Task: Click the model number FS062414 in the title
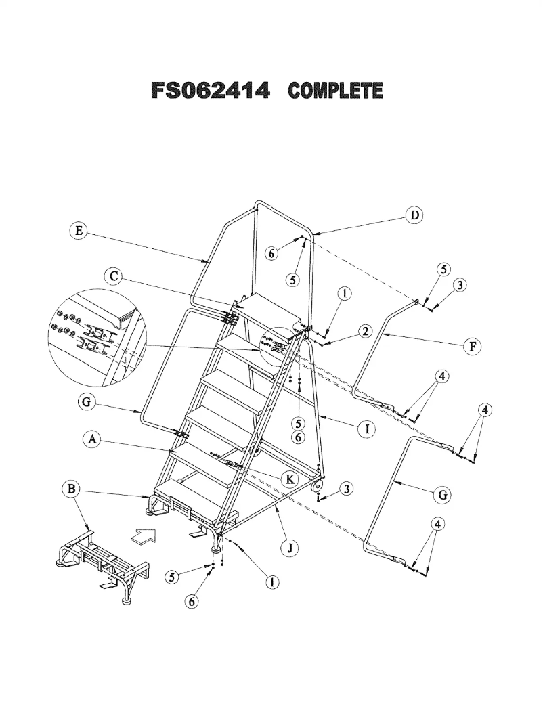tap(211, 91)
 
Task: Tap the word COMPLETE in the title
tap(335, 91)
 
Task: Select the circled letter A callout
tap(91, 439)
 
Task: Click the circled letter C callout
tap(114, 276)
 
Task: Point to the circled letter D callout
tap(413, 216)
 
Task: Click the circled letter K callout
tap(290, 479)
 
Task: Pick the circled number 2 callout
tap(365, 331)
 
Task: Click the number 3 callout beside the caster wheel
tap(345, 489)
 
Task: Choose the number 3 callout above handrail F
tap(460, 285)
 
